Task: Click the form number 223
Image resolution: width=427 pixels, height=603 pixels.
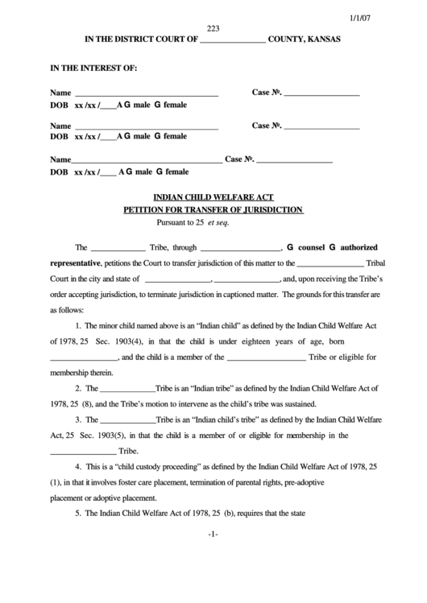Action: point(213,28)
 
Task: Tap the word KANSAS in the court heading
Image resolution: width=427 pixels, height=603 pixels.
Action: point(321,39)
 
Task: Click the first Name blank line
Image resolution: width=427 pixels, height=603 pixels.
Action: point(147,94)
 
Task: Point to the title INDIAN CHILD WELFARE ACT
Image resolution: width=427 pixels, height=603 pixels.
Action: point(213,196)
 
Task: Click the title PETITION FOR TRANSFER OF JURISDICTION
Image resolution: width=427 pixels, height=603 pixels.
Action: point(213,209)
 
